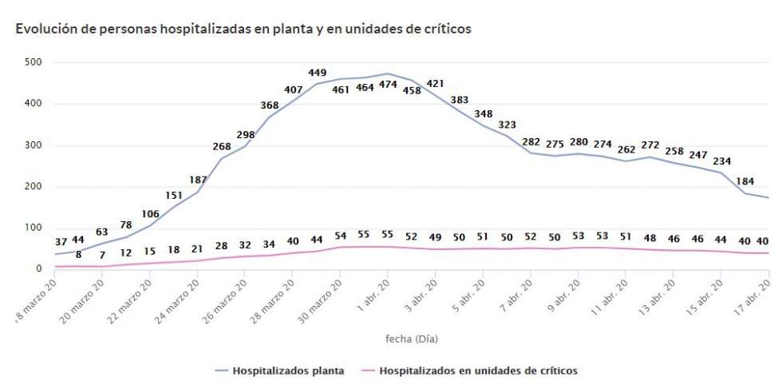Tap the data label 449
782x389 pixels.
(317, 73)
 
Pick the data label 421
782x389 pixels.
(435, 84)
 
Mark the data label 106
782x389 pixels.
(149, 213)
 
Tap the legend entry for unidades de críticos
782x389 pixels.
(478, 371)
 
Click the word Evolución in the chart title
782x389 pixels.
(41, 29)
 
